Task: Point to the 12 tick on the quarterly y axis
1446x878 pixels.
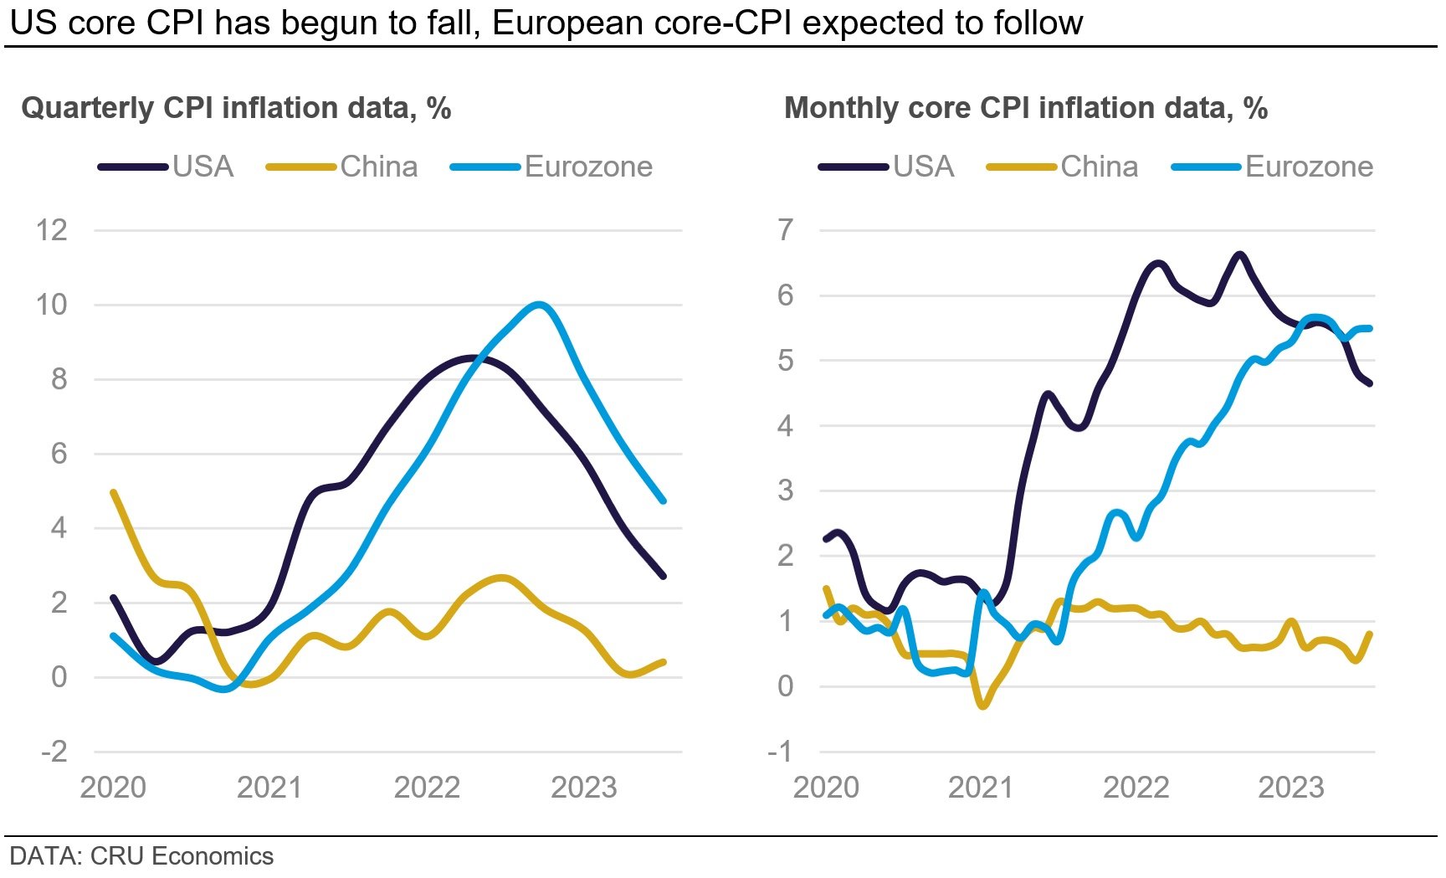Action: [x=51, y=230]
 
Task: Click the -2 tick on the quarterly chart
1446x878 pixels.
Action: [x=54, y=752]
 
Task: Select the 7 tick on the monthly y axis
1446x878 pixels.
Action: [x=785, y=230]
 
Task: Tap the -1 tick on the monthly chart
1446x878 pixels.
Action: [x=780, y=752]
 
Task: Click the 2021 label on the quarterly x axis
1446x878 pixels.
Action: [x=269, y=788]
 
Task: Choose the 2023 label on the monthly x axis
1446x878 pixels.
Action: [x=1291, y=788]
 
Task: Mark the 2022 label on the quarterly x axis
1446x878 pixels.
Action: [x=427, y=788]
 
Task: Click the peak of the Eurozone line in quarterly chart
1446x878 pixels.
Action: [x=539, y=305]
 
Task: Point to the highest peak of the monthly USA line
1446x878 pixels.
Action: [x=1239, y=254]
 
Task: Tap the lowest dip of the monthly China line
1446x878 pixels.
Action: [x=983, y=706]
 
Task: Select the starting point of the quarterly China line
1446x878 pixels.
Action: [x=114, y=492]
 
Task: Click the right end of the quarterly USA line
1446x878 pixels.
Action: [x=664, y=576]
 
